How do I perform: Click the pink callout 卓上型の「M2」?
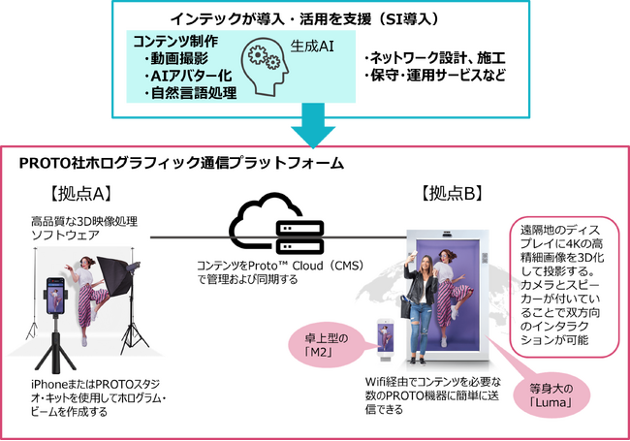(334, 342)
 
